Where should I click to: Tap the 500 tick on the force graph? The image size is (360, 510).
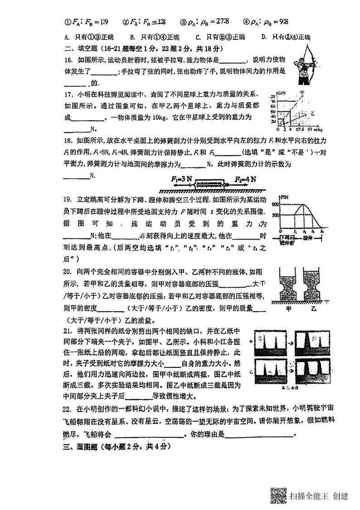coord(274,215)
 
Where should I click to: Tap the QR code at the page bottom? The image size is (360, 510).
coord(278,495)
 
